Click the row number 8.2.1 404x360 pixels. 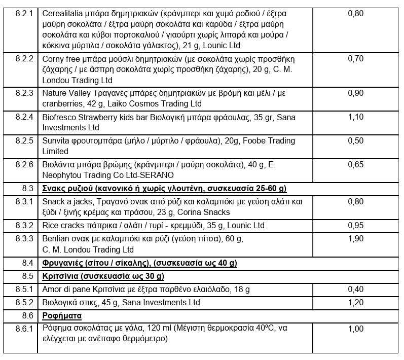[24, 13]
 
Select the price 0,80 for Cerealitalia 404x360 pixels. [355, 13]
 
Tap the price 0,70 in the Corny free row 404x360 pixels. [355, 58]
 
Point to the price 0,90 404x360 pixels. [355, 93]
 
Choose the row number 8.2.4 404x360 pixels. [24, 117]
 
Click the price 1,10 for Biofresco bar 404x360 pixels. [355, 117]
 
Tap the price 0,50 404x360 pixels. [355, 140]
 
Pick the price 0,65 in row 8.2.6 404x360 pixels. [355, 165]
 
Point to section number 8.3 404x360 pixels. [27, 189]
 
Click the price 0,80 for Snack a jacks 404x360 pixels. [355, 201]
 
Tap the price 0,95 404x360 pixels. [355, 225]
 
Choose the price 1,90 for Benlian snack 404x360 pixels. [355, 239]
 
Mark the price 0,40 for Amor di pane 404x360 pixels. [355, 289]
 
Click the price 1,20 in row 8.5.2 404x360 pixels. [355, 302]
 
